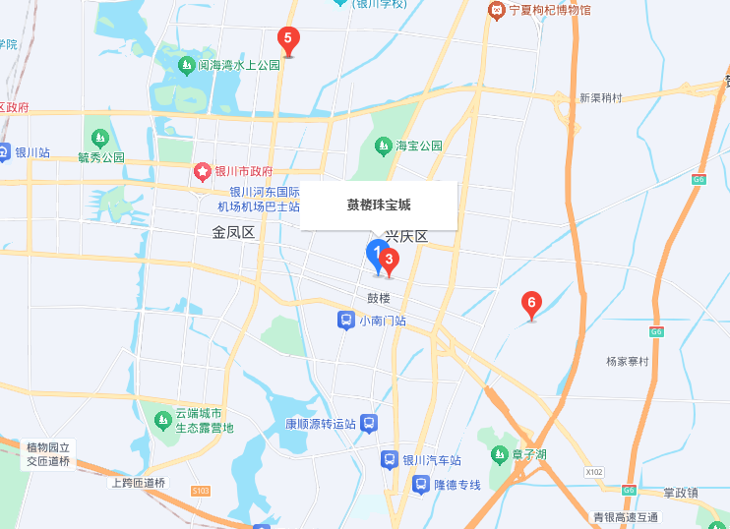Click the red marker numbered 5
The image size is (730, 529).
click(287, 40)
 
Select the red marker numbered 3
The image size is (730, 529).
click(389, 261)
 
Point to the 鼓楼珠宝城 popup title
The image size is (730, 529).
click(379, 206)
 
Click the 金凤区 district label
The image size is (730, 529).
click(233, 233)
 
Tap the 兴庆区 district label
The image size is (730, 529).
click(405, 237)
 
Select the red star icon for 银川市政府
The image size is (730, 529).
click(202, 172)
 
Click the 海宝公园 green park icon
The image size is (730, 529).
click(384, 147)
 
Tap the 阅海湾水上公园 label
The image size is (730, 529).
click(239, 66)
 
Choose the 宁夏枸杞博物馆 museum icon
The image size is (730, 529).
click(497, 10)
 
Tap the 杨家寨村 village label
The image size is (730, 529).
click(628, 362)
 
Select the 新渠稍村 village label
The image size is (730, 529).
click(601, 97)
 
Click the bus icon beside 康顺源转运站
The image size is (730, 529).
click(369, 424)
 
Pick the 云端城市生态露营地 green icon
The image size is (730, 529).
click(163, 420)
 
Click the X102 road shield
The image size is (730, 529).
click(593, 473)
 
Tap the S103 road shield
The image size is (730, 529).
click(201, 490)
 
